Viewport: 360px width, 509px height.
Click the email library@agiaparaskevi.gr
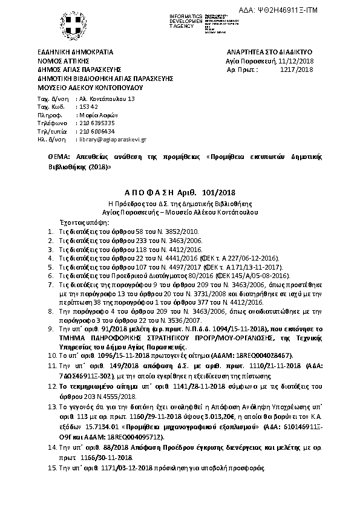coord(113,138)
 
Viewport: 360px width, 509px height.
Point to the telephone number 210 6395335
coord(97,122)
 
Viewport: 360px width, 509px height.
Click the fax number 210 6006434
coord(97,130)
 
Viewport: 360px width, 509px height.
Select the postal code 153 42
coord(88,106)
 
